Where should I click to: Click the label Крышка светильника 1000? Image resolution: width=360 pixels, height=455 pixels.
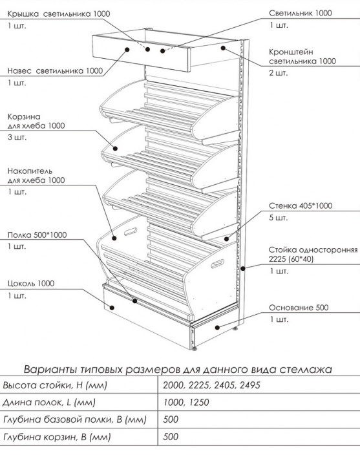(x=59, y=14)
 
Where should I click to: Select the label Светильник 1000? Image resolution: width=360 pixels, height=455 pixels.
(x=301, y=13)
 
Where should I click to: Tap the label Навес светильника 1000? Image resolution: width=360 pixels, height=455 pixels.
(x=55, y=71)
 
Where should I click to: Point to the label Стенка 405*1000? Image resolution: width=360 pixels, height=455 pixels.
(x=301, y=206)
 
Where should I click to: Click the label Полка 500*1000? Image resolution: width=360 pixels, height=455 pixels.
(x=37, y=235)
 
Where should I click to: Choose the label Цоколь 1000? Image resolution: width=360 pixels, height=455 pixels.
(x=31, y=283)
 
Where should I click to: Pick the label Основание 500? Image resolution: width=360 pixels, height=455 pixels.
(x=299, y=308)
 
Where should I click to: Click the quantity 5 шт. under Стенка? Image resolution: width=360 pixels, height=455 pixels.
(x=278, y=218)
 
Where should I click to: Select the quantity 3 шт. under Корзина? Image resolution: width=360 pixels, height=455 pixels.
(x=17, y=137)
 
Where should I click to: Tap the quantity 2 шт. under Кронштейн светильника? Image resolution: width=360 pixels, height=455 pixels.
(x=278, y=73)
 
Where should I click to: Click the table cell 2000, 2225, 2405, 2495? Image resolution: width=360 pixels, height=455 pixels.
(x=211, y=385)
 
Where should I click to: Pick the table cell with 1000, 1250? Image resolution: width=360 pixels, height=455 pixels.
(x=186, y=402)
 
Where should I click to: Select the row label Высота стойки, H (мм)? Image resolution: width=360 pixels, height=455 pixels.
(x=55, y=385)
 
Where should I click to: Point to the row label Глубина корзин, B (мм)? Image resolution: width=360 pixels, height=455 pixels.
(x=57, y=437)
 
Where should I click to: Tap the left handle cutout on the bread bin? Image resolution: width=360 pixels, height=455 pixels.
(x=131, y=231)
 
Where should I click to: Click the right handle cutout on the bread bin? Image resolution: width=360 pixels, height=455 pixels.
(x=217, y=264)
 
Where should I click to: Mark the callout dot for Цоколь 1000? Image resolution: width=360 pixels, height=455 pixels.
(x=112, y=308)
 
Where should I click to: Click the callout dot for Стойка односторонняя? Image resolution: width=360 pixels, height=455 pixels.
(x=243, y=269)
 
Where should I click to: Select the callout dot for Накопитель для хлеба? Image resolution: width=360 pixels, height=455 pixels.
(x=114, y=238)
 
